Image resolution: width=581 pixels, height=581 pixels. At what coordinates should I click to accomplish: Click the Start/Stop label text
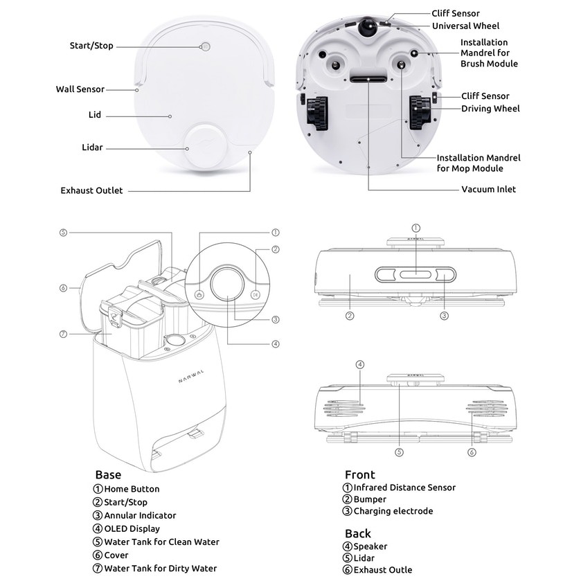[91, 46]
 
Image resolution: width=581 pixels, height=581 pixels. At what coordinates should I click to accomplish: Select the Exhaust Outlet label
[91, 190]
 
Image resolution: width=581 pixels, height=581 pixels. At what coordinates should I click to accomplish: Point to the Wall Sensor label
[80, 89]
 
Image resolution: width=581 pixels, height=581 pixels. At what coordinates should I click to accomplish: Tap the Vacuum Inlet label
[488, 189]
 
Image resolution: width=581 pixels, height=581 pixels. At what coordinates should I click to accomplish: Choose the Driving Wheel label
[490, 109]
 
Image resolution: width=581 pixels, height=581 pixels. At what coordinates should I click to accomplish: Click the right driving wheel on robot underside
[420, 113]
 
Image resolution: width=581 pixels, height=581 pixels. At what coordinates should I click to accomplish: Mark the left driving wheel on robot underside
[316, 113]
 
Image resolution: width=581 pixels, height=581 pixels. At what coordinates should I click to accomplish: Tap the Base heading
[108, 475]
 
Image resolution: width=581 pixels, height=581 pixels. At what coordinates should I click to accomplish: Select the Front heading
[360, 475]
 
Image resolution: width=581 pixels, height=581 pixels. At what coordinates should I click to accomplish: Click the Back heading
[358, 534]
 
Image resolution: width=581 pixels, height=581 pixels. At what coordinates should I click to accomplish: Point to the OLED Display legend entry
[132, 528]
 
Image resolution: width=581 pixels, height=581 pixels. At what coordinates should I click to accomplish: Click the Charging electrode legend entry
[393, 511]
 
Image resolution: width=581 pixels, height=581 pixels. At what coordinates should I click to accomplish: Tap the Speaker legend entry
[370, 546]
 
